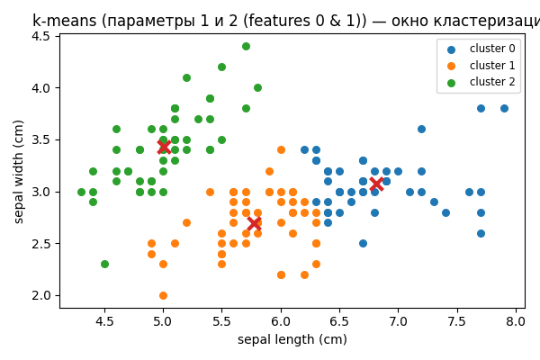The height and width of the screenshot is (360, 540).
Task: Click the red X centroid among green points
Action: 163,146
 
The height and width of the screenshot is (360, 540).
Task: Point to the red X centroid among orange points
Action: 255,223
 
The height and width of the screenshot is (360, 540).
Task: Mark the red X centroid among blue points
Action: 376,184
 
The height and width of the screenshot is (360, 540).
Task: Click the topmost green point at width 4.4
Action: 246,46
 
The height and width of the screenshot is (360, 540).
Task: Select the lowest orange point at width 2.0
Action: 163,295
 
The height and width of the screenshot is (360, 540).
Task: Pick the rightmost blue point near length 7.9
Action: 504,108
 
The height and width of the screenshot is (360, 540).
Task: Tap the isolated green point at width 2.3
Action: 104,264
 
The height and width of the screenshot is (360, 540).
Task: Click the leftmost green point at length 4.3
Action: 81,192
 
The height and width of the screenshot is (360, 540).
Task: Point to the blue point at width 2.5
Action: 363,243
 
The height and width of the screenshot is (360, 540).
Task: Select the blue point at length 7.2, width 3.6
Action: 421,129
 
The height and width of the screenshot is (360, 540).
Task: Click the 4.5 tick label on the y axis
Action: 40,36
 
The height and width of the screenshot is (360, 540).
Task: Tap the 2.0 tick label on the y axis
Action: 40,295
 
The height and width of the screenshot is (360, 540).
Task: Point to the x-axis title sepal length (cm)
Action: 292,340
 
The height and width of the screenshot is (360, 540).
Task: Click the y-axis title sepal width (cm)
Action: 18,171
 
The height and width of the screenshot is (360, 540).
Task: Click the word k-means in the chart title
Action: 63,20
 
